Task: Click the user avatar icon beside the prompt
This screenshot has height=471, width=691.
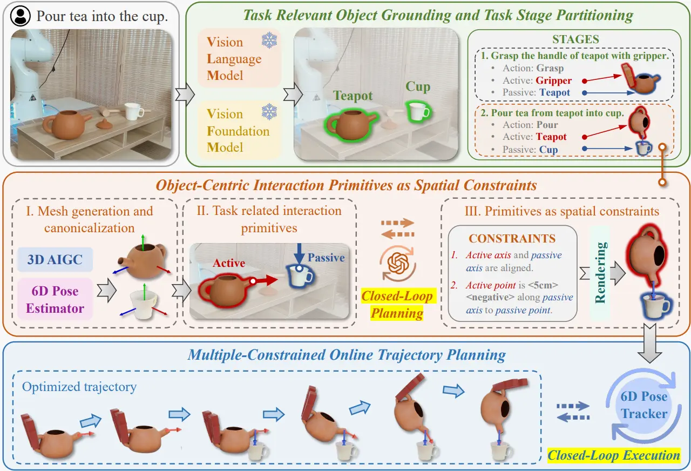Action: (x=21, y=16)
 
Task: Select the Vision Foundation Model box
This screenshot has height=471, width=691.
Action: (x=239, y=130)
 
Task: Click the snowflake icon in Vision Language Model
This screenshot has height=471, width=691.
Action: (x=269, y=40)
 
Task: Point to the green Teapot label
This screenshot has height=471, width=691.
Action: (x=353, y=96)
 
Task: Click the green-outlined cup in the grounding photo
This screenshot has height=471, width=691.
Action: (x=418, y=111)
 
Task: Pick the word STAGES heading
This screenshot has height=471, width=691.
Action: (x=575, y=39)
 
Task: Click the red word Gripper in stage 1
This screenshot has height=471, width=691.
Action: (x=554, y=80)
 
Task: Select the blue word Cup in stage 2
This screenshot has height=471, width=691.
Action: (x=548, y=150)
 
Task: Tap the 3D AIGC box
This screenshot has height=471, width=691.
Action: (x=55, y=260)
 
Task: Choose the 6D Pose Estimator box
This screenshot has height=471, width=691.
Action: (x=55, y=299)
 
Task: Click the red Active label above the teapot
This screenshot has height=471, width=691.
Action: (x=229, y=263)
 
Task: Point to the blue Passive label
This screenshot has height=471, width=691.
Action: (x=326, y=258)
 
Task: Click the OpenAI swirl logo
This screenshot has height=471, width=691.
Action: (x=398, y=263)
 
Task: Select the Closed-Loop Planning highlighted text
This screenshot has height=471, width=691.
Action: (x=397, y=305)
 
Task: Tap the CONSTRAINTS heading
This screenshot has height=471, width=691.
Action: (x=512, y=239)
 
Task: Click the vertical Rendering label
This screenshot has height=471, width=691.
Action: (x=600, y=273)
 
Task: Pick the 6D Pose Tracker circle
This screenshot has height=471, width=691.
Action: (x=644, y=405)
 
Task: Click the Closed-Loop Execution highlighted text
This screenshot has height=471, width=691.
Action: (x=614, y=455)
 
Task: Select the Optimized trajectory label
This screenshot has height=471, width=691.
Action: (x=79, y=387)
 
